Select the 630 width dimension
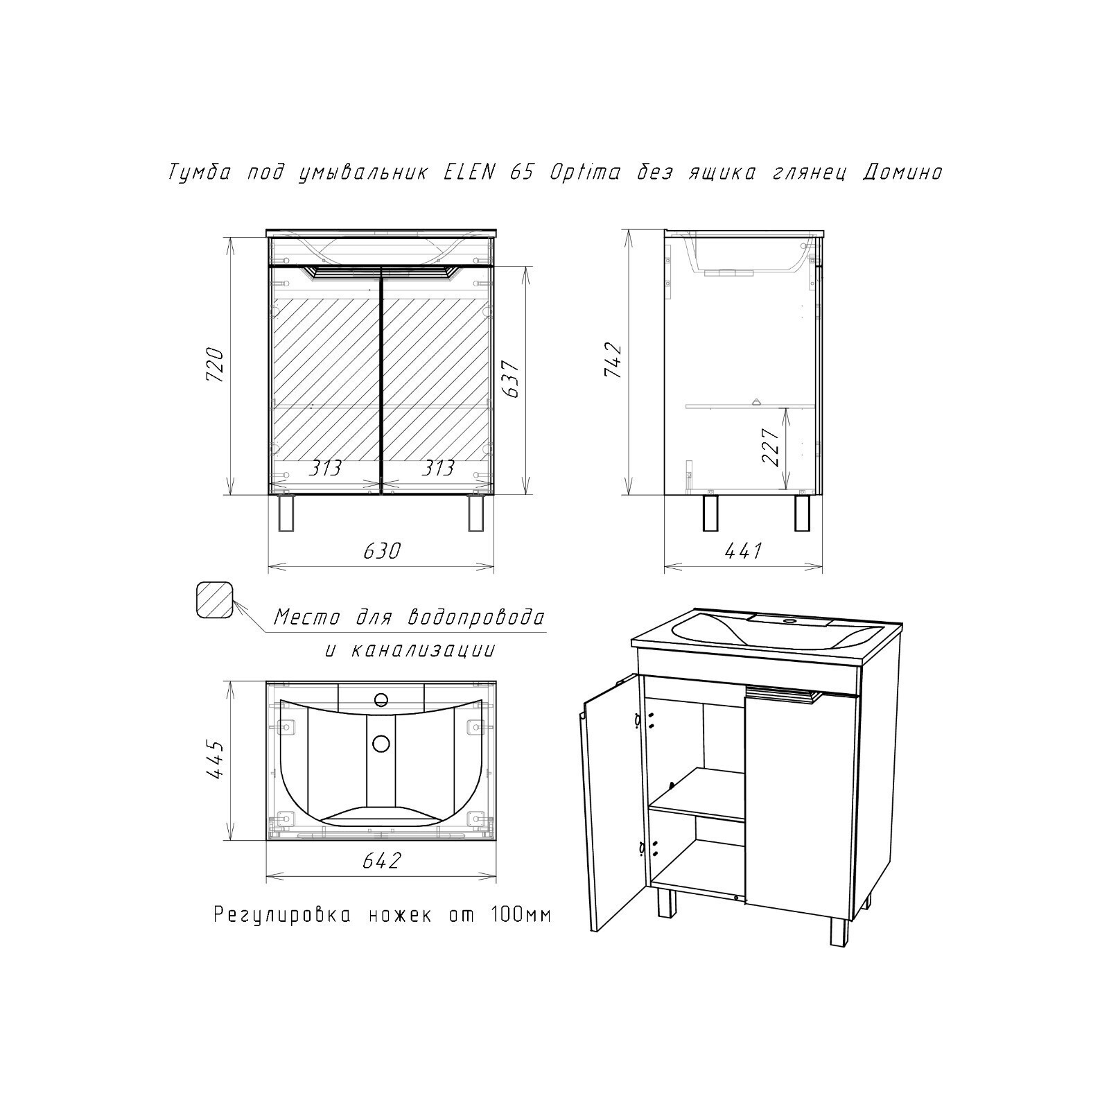[x=382, y=551]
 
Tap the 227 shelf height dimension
[x=771, y=446]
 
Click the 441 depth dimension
[x=743, y=551]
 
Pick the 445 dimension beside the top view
[x=216, y=760]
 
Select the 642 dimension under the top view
[x=382, y=861]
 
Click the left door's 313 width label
[x=324, y=468]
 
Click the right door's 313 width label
[x=437, y=468]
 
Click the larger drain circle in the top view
[x=381, y=744]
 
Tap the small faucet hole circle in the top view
[x=380, y=699]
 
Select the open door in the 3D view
[x=609, y=804]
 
